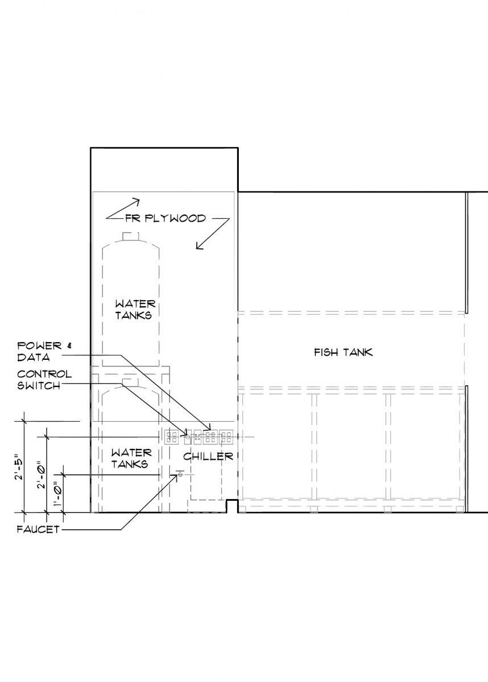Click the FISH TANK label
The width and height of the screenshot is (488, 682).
344,352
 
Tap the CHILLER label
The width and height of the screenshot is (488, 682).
208,456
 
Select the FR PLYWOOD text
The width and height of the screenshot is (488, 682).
166,218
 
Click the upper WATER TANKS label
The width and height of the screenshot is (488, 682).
135,309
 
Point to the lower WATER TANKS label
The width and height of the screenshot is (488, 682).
131,459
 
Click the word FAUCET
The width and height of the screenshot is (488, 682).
38,530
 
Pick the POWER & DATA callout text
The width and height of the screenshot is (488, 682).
44,351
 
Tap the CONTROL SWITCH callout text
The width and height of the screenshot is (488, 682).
44,380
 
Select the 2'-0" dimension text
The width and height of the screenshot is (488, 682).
41,477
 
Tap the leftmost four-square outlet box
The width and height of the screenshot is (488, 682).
171,437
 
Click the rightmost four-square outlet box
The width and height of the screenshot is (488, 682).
226,437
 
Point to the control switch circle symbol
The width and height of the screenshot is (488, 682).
188,437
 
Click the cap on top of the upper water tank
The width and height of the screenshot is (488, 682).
131,236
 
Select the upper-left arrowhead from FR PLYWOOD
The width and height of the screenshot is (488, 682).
136,202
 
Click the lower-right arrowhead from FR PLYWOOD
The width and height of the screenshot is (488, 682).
199,246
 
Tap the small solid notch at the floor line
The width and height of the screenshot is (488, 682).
232,506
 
